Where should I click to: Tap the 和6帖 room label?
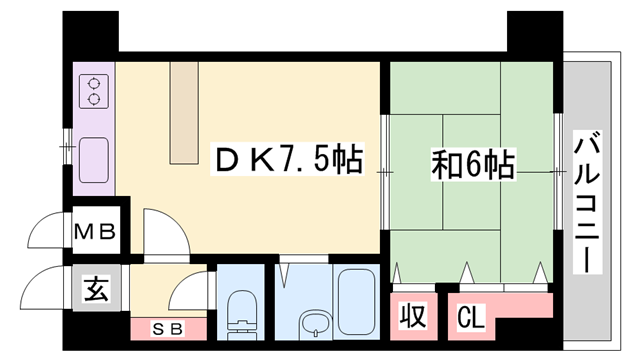(x=474, y=163)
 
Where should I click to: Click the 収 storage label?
(x=413, y=317)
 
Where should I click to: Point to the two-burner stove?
(x=95, y=91)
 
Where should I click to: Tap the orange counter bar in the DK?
(x=185, y=110)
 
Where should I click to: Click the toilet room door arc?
(x=190, y=293)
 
